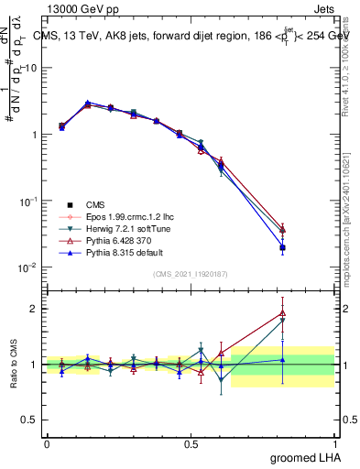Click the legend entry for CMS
tap(95, 203)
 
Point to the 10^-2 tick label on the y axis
tap(28, 267)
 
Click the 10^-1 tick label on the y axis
tap(28, 201)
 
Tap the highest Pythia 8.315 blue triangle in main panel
tap(87, 103)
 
